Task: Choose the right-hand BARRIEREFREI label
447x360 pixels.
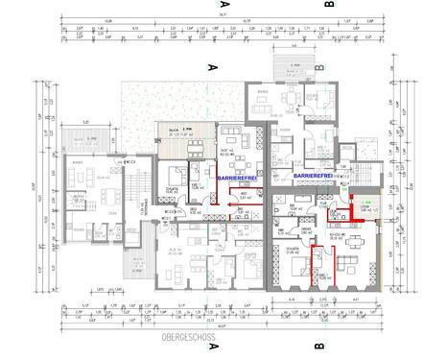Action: tap(314, 178)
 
